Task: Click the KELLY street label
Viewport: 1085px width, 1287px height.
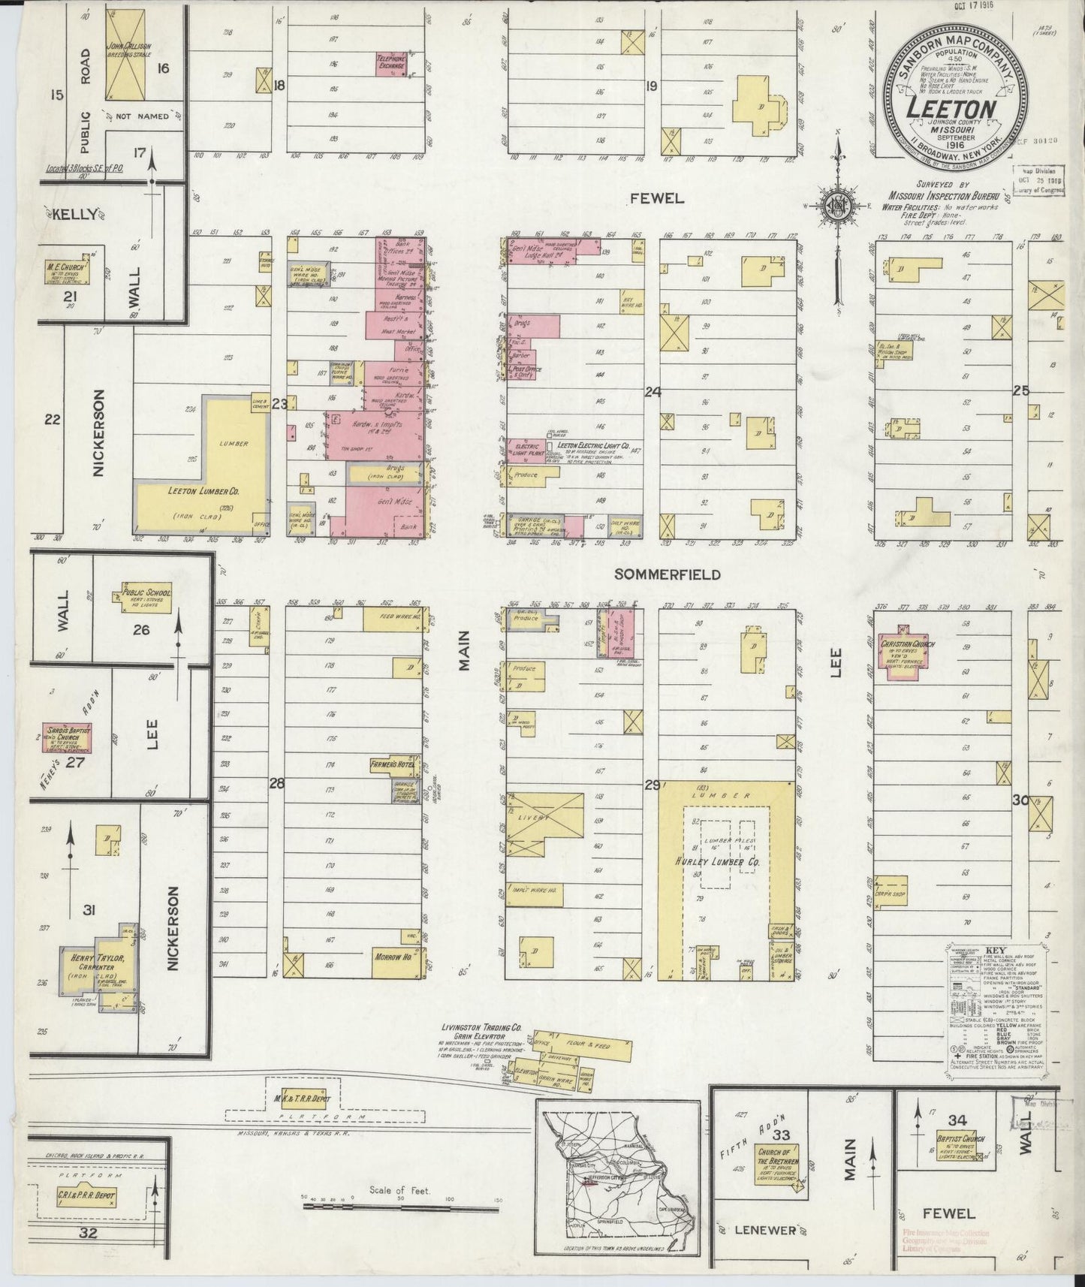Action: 79,214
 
